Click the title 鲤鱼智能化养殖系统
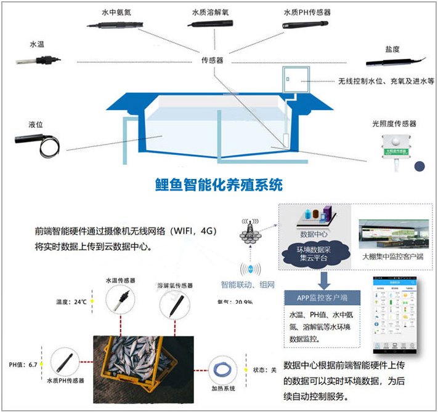coord(219,184)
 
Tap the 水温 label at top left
coord(37,44)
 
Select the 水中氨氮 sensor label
coord(116,12)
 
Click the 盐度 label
coord(391,49)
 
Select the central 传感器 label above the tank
coord(211,61)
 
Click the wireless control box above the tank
coord(296,79)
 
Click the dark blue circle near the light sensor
coord(420,166)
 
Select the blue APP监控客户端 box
coord(318,298)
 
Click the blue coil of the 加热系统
coord(221,370)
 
